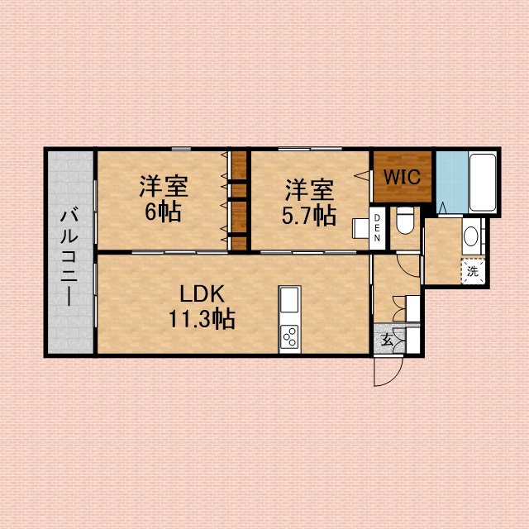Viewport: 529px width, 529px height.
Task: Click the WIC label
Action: [402, 176]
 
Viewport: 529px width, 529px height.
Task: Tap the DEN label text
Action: [377, 228]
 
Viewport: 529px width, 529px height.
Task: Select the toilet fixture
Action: [405, 221]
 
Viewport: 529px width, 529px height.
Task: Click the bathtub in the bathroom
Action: [482, 183]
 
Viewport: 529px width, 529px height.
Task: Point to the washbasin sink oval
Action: [470, 236]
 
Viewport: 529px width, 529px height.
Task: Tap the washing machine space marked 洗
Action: [473, 271]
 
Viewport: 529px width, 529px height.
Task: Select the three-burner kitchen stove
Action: [290, 338]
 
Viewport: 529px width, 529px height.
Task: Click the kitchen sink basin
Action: [289, 300]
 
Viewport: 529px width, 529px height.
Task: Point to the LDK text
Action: [202, 294]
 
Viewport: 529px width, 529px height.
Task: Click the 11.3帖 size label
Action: [202, 319]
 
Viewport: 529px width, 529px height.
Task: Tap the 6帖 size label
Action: [163, 212]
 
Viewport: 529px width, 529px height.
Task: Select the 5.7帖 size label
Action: [308, 215]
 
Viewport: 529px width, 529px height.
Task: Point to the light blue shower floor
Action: [452, 182]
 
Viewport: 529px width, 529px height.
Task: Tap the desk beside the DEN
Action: [360, 228]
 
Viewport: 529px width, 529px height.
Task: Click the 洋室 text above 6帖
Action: [164, 186]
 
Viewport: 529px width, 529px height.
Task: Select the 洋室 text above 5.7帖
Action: [309, 190]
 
